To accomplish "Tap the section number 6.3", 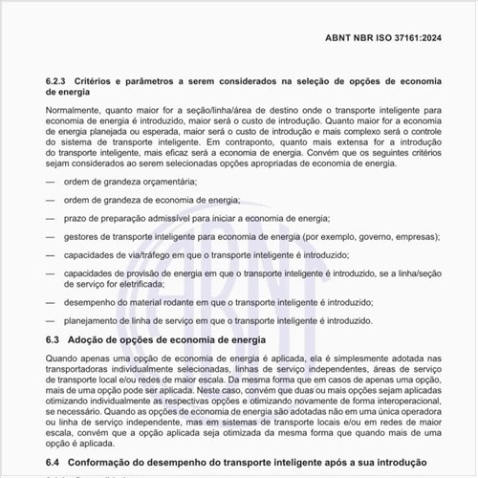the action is (54, 339).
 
